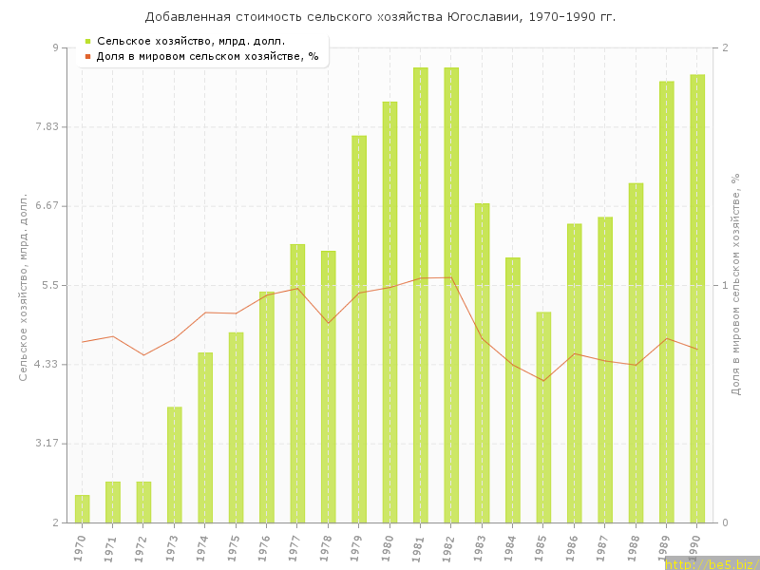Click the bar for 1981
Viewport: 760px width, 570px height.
[x=420, y=294]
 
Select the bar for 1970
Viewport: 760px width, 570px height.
[x=83, y=509]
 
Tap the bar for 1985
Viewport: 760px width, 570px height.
[x=543, y=417]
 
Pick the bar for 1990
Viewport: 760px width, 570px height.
[x=697, y=298]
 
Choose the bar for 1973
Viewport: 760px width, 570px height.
[x=175, y=465]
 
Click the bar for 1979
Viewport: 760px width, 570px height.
[x=359, y=329]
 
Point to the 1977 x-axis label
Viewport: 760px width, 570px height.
[x=295, y=547]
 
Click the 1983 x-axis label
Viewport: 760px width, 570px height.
[x=480, y=547]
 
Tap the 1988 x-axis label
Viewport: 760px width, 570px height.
[x=634, y=547]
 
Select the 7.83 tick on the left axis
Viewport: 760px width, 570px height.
[x=46, y=126]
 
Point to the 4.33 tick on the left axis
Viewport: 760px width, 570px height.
[x=46, y=364]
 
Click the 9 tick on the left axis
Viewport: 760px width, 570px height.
[x=54, y=47]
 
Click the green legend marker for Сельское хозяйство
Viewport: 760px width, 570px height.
[x=87, y=41]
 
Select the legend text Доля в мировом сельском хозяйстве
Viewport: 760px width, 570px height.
[x=207, y=56]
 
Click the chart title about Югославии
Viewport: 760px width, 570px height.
[x=380, y=17]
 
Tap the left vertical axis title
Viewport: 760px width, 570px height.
[x=24, y=285]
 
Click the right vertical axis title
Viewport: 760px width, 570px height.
[x=736, y=285]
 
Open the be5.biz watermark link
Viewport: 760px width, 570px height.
[x=712, y=564]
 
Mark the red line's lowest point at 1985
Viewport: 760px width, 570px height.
[x=543, y=381]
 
